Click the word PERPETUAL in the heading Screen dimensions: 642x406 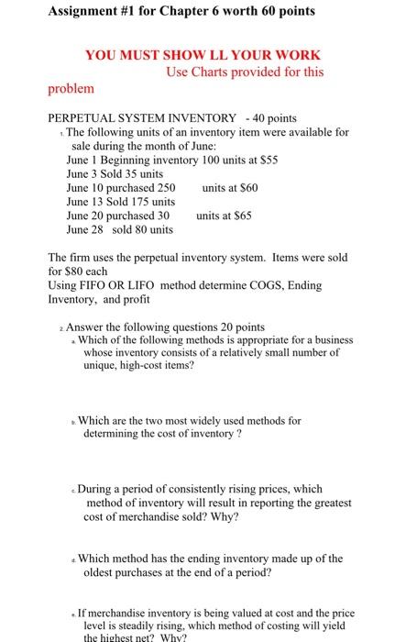pyautogui.click(x=90, y=118)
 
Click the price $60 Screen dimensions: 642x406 pyautogui.click(x=252, y=186)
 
